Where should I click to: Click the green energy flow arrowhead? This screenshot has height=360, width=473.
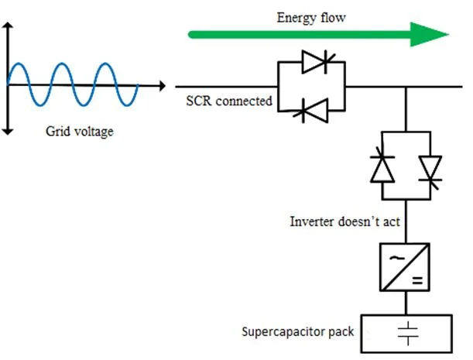[x=429, y=34]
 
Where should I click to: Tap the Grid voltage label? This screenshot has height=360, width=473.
[x=80, y=132]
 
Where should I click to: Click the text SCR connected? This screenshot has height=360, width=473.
[x=228, y=101]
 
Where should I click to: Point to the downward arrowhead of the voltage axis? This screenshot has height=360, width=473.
[x=9, y=131]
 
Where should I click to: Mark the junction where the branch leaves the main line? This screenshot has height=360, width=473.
[x=406, y=87]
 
